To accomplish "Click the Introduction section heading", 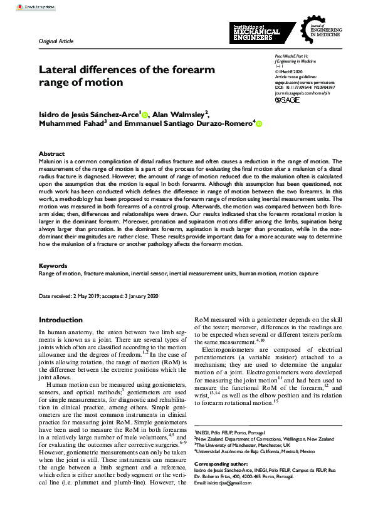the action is pyautogui.click(x=60, y=320).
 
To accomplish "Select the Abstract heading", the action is pyautogui.click(x=51, y=153).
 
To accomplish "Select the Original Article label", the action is pyautogui.click(x=56, y=41).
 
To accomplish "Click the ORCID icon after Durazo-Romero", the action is pyautogui.click(x=258, y=125).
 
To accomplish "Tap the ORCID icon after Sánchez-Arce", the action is pyautogui.click(x=145, y=115).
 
